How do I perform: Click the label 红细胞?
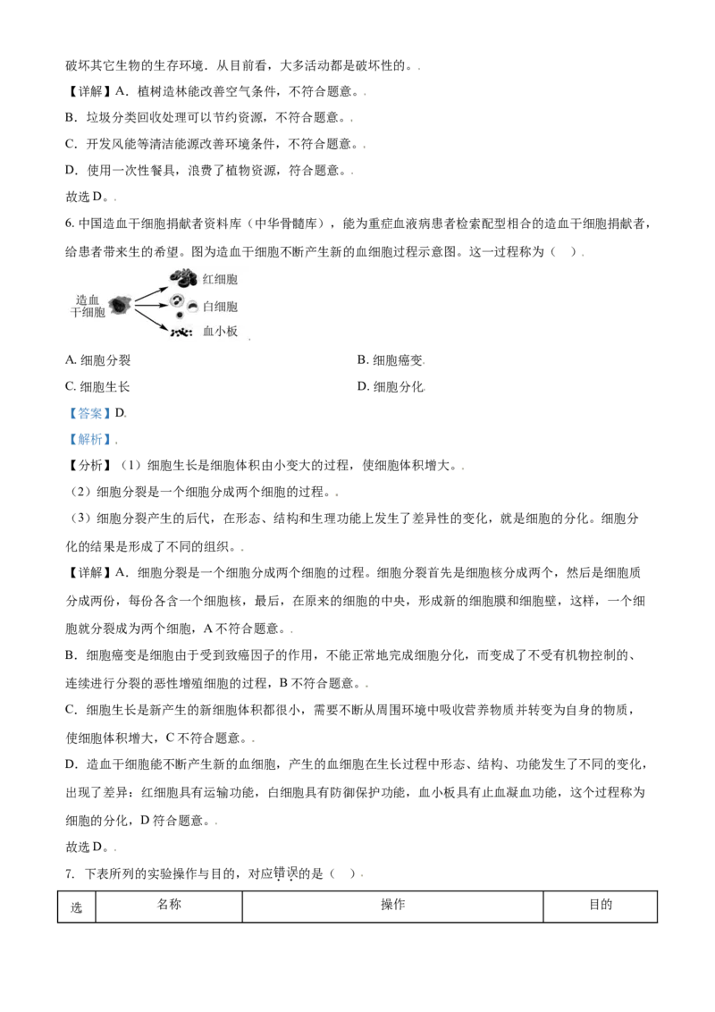coord(220,280)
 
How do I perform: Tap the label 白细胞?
coord(220,307)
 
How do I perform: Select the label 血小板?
coord(220,332)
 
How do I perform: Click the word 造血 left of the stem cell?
coord(88,299)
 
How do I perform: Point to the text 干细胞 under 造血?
coord(88,312)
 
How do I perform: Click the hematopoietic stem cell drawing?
coord(120,306)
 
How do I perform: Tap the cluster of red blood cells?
coord(183,277)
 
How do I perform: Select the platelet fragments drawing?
coord(181,333)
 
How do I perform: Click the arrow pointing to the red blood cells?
coord(151,294)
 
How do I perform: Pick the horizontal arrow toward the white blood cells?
coord(152,306)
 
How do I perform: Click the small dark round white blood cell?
coord(180,316)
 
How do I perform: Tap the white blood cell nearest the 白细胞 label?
coord(192,307)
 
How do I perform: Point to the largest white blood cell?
coord(177,301)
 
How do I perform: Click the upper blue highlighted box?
coord(89,415)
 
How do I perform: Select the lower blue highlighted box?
coord(91,440)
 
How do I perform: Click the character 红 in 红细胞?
coord(208,280)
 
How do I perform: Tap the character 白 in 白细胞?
coord(208,307)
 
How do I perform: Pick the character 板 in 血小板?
coord(232,332)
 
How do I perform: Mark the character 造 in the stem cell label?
coord(81,299)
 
